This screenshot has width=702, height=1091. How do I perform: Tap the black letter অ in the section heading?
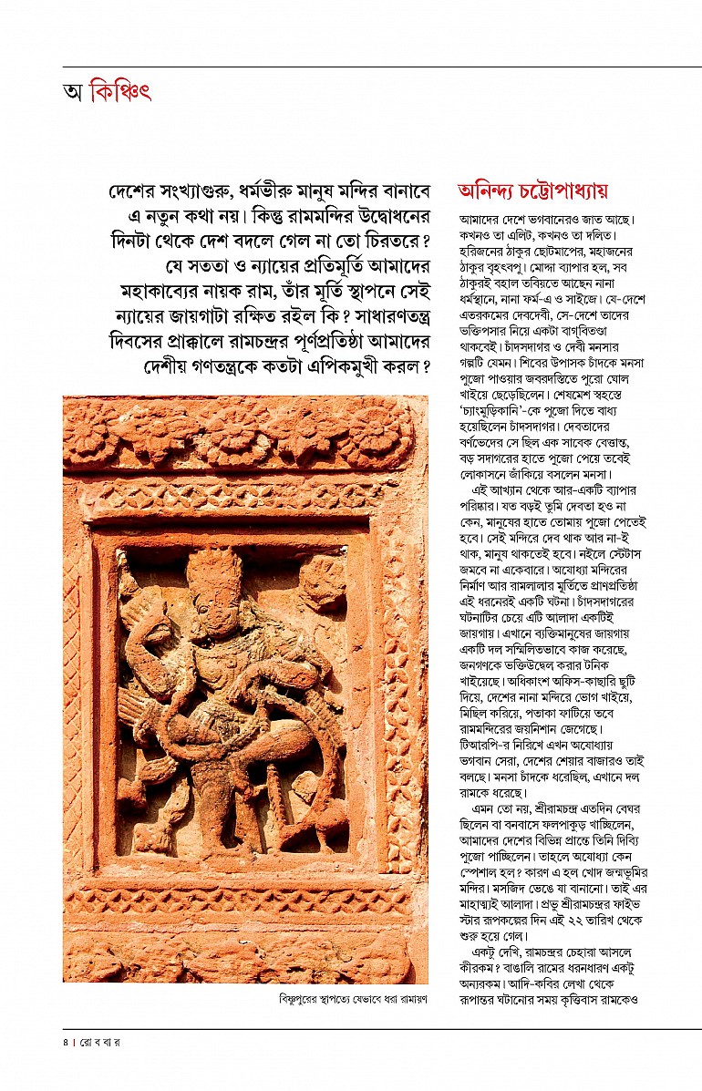pos(73,93)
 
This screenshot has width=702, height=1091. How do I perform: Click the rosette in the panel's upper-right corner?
pos(323,581)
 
